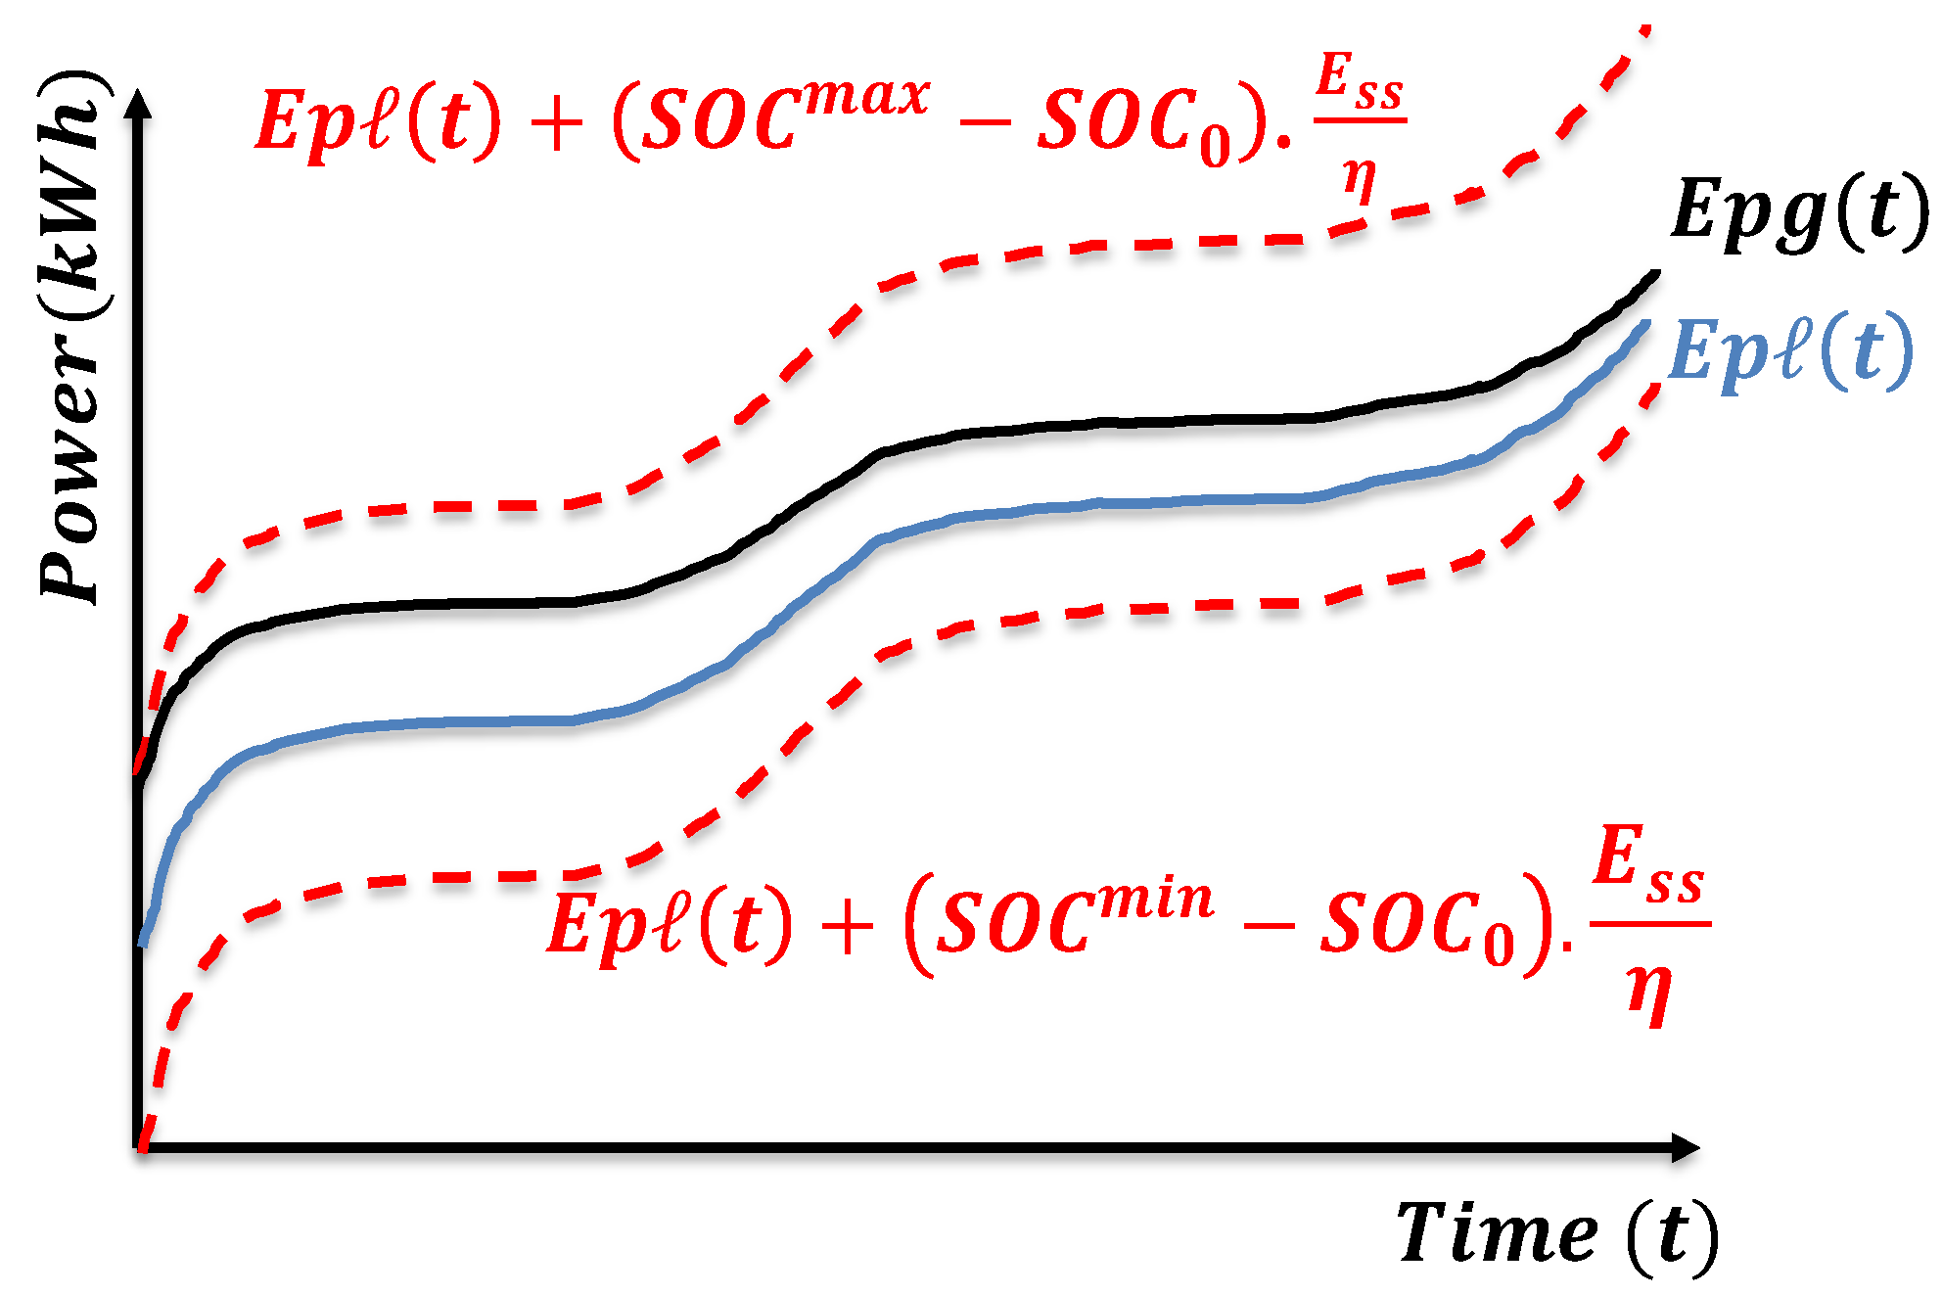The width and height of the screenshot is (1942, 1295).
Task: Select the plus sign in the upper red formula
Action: coord(556,125)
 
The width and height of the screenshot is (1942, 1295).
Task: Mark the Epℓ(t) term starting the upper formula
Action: coord(377,122)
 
